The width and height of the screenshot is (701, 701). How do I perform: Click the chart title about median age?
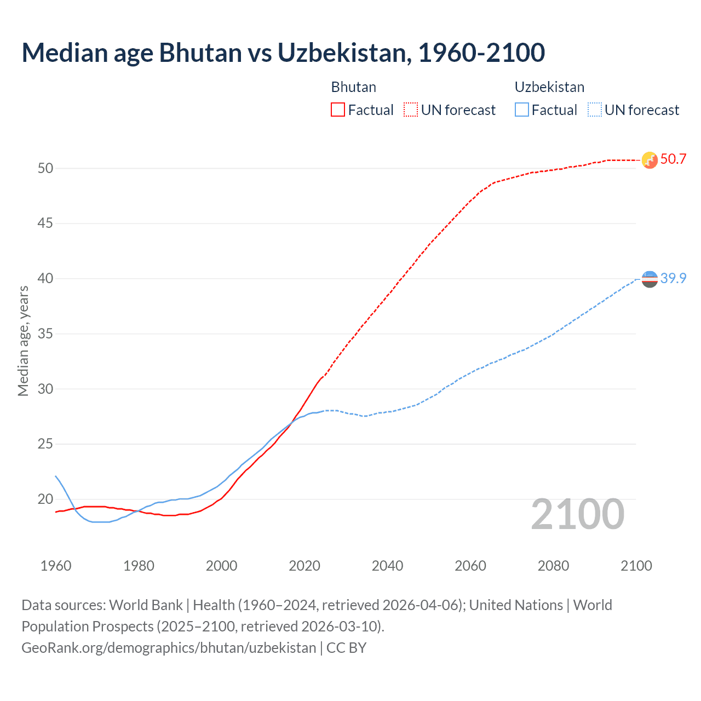[283, 53]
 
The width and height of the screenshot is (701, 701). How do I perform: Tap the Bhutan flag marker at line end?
[650, 160]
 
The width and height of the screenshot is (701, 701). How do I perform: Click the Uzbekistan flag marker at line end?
[650, 279]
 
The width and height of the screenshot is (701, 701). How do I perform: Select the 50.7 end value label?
[673, 159]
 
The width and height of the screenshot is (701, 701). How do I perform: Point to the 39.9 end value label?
[673, 278]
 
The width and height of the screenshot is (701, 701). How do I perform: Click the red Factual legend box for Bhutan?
[338, 110]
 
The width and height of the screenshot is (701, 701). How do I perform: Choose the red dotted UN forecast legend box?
[411, 110]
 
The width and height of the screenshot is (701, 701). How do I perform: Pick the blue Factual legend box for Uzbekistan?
[522, 110]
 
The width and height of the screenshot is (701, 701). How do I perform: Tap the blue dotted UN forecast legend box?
[594, 110]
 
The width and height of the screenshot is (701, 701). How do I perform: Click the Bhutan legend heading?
[353, 87]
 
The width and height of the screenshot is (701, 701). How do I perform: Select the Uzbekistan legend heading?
[549, 87]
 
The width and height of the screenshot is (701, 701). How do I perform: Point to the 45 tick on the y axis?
[45, 223]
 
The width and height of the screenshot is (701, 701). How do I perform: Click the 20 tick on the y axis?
[45, 499]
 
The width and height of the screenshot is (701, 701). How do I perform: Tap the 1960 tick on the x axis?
[56, 566]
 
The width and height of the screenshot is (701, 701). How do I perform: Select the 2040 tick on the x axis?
[387, 566]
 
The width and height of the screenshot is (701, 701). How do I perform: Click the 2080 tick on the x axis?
[553, 566]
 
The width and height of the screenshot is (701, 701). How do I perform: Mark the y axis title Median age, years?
[23, 341]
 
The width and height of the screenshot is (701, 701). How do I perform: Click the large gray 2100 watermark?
[577, 514]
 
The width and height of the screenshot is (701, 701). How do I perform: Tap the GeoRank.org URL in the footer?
[169, 648]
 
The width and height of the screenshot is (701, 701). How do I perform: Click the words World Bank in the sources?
[146, 605]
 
